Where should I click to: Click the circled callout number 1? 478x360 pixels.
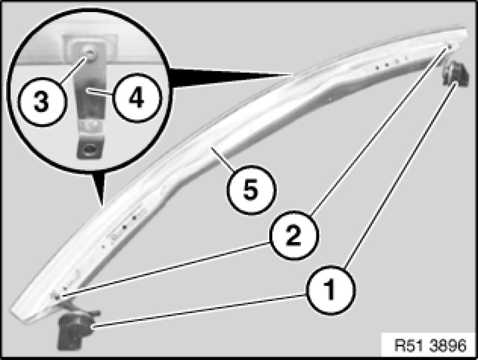pyautogui.click(x=331, y=290)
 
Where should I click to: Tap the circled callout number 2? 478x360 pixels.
pyautogui.click(x=293, y=235)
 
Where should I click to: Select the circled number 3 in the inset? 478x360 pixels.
pyautogui.click(x=42, y=102)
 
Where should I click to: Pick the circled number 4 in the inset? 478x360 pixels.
pyautogui.click(x=136, y=98)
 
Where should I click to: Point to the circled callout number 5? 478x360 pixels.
pyautogui.click(x=251, y=190)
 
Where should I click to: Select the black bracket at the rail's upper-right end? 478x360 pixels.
pyautogui.click(x=456, y=73)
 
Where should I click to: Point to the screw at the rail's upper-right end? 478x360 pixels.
pyautogui.click(x=450, y=46)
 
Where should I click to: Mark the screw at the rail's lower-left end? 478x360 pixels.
pyautogui.click(x=57, y=296)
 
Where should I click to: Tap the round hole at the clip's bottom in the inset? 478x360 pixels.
pyautogui.click(x=90, y=149)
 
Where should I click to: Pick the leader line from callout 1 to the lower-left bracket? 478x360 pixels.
pyautogui.click(x=199, y=311)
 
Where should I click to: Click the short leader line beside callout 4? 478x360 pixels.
pyautogui.click(x=99, y=92)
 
